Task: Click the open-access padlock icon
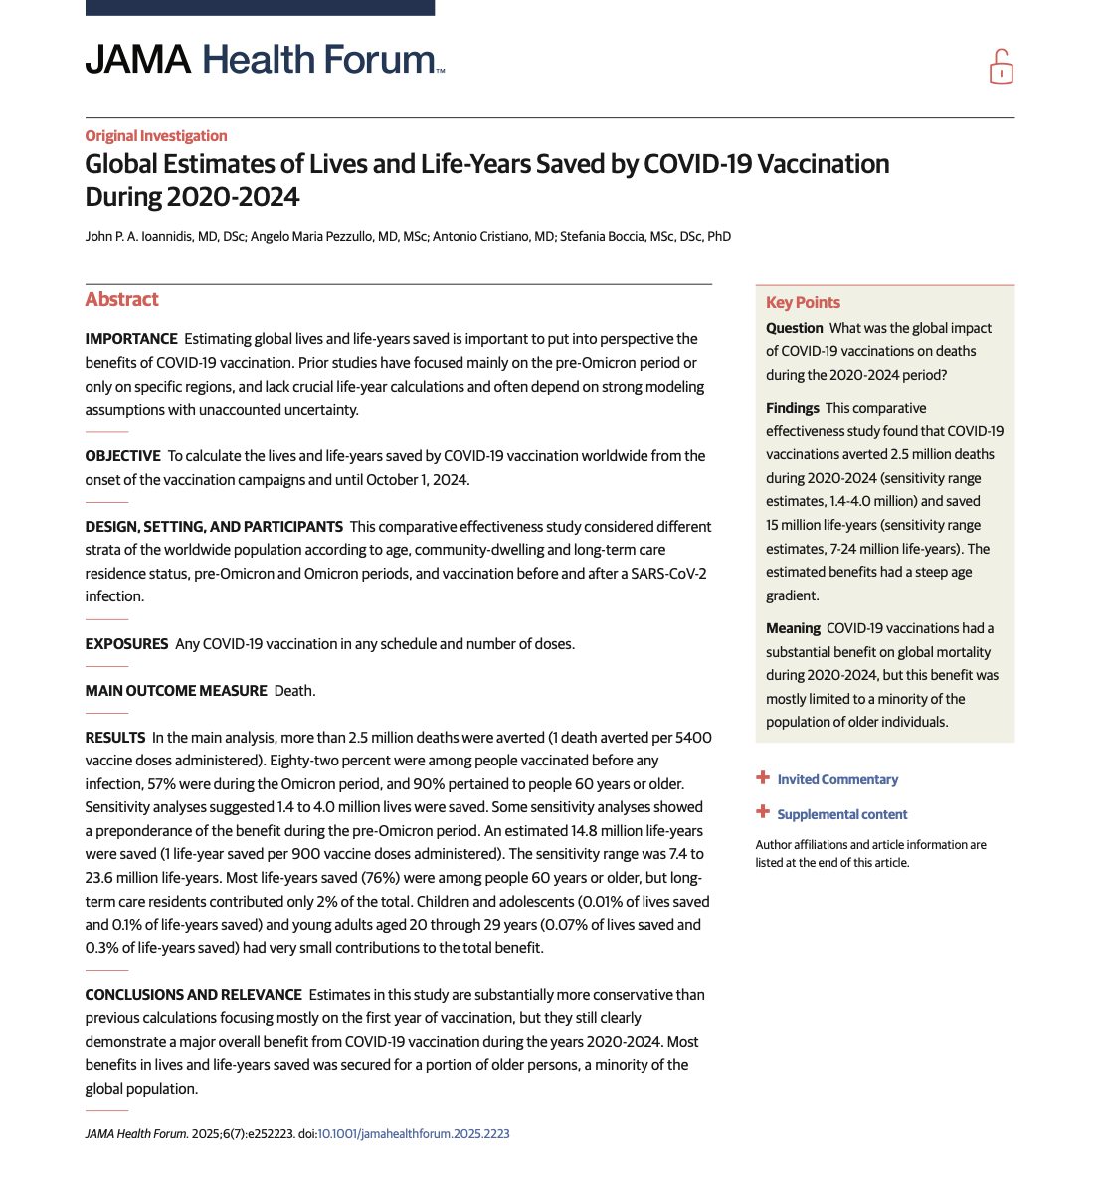coord(1001,67)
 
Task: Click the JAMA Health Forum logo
coord(264,60)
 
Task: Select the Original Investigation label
coord(156,136)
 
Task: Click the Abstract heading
coord(121,299)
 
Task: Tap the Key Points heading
coord(803,302)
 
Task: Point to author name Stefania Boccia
coord(645,237)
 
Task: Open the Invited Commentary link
coord(837,779)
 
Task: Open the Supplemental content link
coord(842,814)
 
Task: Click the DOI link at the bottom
coord(414,1133)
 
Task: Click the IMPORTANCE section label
coord(131,339)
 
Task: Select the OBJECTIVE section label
coord(122,456)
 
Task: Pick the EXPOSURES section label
coord(126,644)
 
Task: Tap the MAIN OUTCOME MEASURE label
coord(176,691)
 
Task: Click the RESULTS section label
coord(115,738)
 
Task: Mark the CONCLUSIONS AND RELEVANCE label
coord(193,995)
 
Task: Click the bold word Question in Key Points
coord(795,328)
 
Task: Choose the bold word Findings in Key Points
coord(793,408)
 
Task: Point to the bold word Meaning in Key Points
coord(793,628)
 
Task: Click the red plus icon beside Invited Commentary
coord(763,778)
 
